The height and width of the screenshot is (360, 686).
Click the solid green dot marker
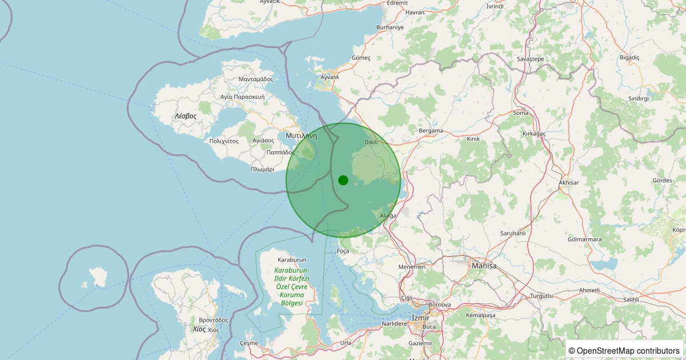click(343, 180)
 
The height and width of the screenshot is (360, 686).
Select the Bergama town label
click(431, 131)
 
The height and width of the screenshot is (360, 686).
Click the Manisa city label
click(484, 266)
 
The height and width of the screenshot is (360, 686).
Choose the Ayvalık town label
click(330, 77)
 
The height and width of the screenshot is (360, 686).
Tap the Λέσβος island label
click(185, 116)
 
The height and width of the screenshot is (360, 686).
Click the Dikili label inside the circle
click(371, 142)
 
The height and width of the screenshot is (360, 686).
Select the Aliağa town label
click(388, 215)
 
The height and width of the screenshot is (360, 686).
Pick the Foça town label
click(343, 251)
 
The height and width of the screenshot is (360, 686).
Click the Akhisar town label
click(569, 183)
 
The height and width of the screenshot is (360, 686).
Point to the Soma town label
click(521, 113)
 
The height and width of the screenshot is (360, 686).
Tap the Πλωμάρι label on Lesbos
click(262, 169)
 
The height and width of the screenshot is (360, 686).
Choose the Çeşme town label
click(249, 343)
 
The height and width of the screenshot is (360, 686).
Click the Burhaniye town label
click(390, 27)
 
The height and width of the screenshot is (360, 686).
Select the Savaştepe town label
click(530, 59)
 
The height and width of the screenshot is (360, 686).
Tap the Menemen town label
click(412, 267)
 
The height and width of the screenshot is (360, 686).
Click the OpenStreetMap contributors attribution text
click(624, 350)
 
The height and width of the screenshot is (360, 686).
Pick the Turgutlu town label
click(543, 295)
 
